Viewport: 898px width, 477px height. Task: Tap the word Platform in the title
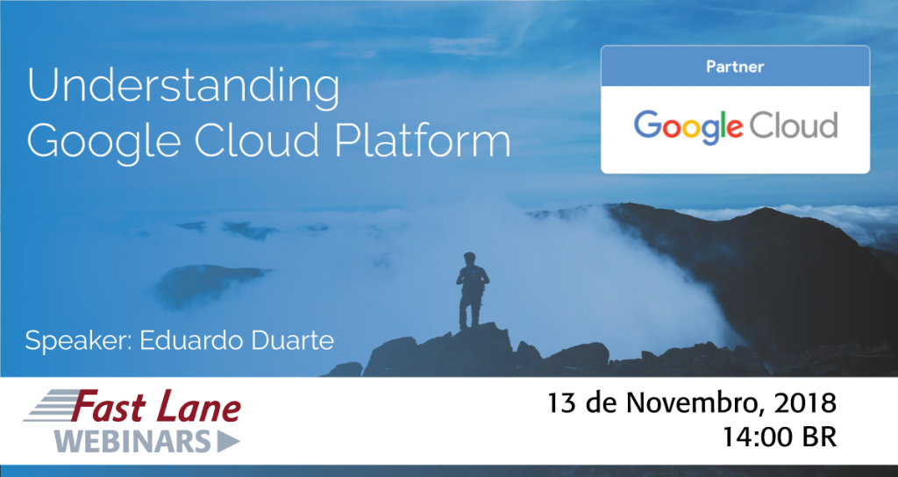436,140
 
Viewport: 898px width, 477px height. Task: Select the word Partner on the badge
735,67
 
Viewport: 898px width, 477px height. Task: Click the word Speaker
76,340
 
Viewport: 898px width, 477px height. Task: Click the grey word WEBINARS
132,441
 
